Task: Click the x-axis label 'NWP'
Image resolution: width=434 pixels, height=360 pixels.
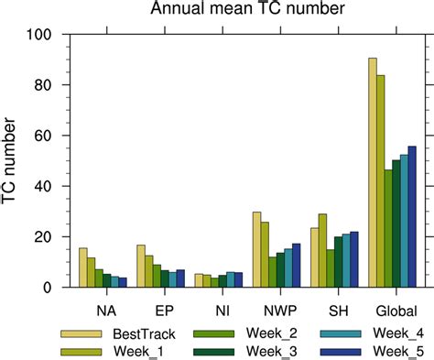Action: (277, 308)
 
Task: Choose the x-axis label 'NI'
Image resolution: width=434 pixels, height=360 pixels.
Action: (220, 308)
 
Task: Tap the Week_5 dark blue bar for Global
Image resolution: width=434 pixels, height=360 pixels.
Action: (412, 216)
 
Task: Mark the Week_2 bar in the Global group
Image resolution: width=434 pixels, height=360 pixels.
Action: (388, 228)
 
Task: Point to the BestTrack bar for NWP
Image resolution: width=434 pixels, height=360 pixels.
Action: (257, 249)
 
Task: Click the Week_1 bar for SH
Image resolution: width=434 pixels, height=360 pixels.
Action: (322, 250)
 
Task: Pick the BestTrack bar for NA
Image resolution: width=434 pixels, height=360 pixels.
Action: (83, 267)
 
